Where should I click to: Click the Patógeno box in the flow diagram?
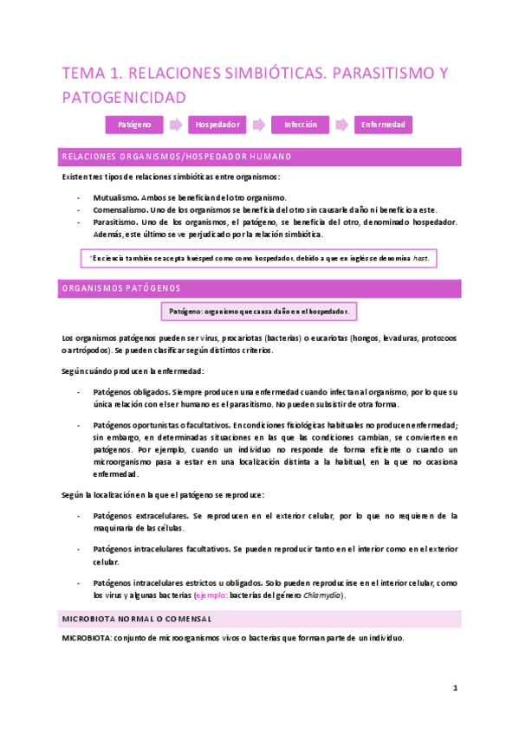tap(134, 125)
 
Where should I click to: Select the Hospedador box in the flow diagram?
tap(217, 125)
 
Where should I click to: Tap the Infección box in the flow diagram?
tap(301, 125)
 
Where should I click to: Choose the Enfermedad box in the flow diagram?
tap(383, 125)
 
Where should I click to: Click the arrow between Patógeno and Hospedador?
tap(176, 125)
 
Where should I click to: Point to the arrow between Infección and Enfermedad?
tap(342, 125)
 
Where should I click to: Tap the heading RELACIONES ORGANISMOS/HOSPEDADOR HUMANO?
tap(176, 157)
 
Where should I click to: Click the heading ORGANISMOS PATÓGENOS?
tap(121, 288)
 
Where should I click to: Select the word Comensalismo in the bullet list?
tap(120, 209)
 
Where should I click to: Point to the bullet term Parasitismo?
tap(116, 222)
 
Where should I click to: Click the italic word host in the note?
tap(420, 258)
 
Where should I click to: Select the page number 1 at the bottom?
tap(455, 688)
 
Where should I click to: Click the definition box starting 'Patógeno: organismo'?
tap(259, 312)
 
